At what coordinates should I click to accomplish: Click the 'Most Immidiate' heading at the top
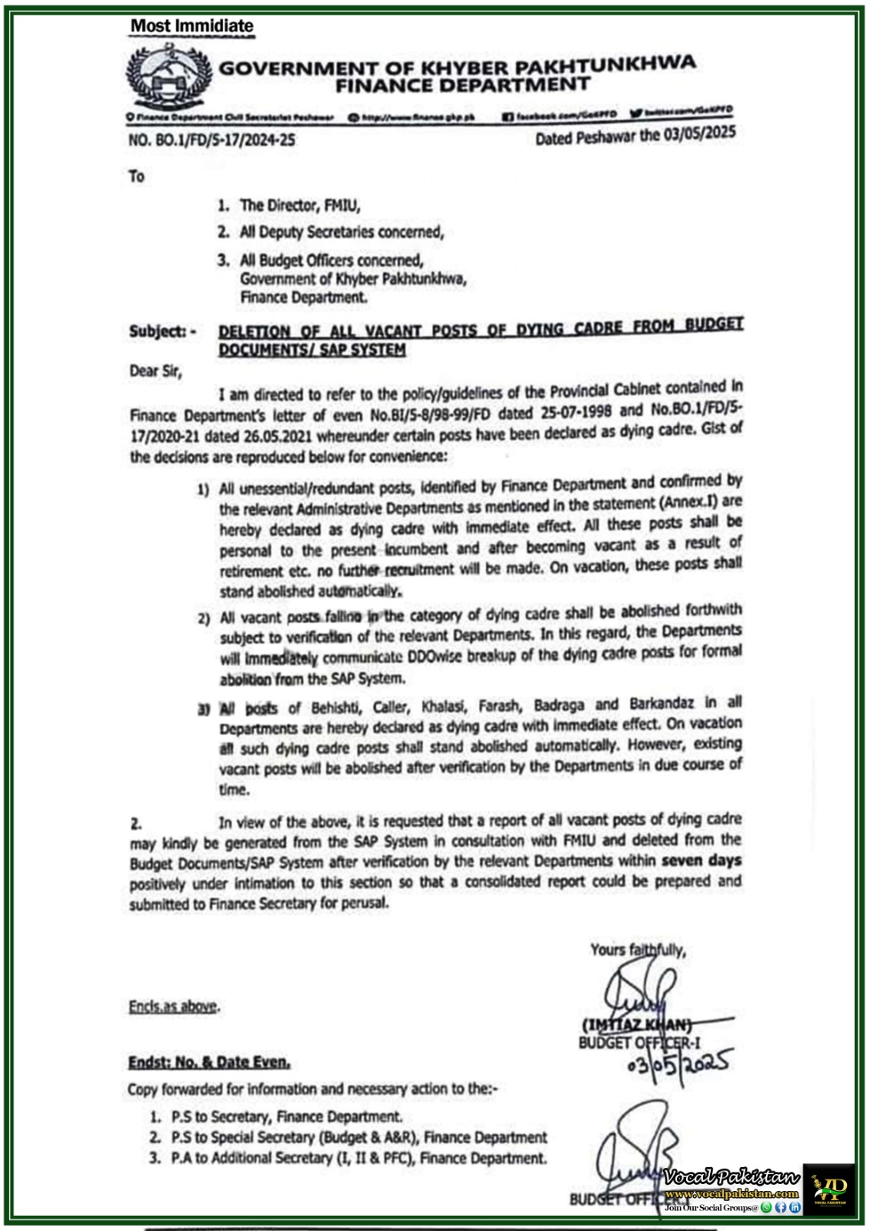(192, 26)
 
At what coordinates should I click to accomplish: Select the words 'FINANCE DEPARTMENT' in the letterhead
(462, 85)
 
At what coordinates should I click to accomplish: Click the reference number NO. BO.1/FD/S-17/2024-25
(212, 140)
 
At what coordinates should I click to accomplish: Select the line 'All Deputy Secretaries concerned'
(342, 232)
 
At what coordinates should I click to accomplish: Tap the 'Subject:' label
(162, 332)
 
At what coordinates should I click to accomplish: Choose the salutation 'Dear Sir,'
(155, 372)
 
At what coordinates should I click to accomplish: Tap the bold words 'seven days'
(701, 860)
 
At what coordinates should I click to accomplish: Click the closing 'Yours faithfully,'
(638, 950)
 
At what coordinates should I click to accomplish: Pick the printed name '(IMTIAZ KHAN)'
(637, 1024)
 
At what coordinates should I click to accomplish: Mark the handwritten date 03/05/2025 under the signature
(678, 1065)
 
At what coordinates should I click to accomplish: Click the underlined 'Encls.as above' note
(174, 1006)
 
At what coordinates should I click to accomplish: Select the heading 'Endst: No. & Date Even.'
(209, 1063)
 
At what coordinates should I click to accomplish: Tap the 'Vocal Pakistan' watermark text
(731, 1177)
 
